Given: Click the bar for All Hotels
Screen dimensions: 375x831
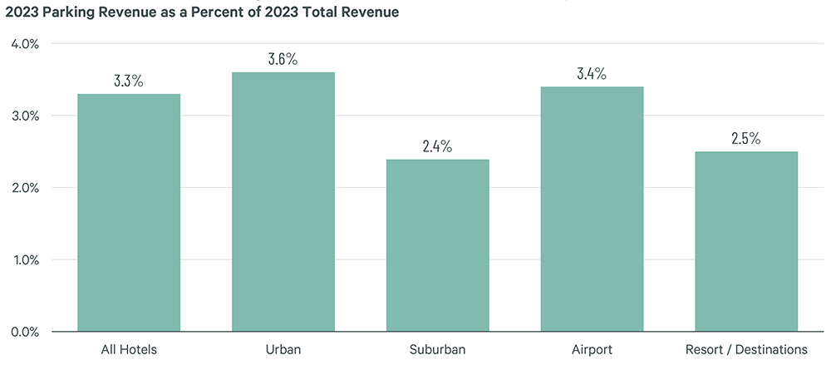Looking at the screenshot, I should (x=129, y=213).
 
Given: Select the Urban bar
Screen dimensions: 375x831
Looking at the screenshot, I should (x=283, y=202).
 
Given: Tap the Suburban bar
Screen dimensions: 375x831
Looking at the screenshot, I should (x=437, y=245).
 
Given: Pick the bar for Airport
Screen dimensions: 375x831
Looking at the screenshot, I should (x=592, y=209).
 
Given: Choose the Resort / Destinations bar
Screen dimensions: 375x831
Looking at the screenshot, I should (x=746, y=242).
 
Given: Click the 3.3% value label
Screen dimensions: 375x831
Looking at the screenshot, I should (x=129, y=81).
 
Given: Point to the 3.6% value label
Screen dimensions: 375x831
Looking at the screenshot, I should (x=283, y=60).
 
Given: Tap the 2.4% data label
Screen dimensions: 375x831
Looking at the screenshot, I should (x=437, y=146).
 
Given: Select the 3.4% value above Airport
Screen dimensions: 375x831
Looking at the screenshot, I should (x=592, y=74).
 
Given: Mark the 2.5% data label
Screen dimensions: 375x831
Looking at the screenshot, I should (x=746, y=139).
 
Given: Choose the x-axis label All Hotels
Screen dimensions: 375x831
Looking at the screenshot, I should (x=129, y=350).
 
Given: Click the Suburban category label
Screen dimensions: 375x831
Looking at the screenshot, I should (x=437, y=350).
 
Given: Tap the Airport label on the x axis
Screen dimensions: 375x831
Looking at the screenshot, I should (x=592, y=350).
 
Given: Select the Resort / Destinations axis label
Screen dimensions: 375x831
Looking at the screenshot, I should (x=746, y=350).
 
